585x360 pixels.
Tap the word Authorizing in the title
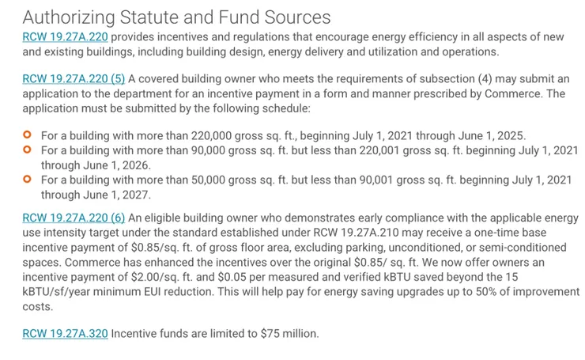click(70, 17)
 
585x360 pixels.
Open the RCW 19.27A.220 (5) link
click(74, 78)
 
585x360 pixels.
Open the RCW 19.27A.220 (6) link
click(74, 218)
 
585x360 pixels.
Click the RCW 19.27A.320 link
click(65, 333)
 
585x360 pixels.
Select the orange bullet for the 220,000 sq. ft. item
click(28, 135)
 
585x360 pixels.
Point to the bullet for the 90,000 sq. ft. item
click(28, 150)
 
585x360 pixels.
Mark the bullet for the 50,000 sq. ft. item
click(28, 180)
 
